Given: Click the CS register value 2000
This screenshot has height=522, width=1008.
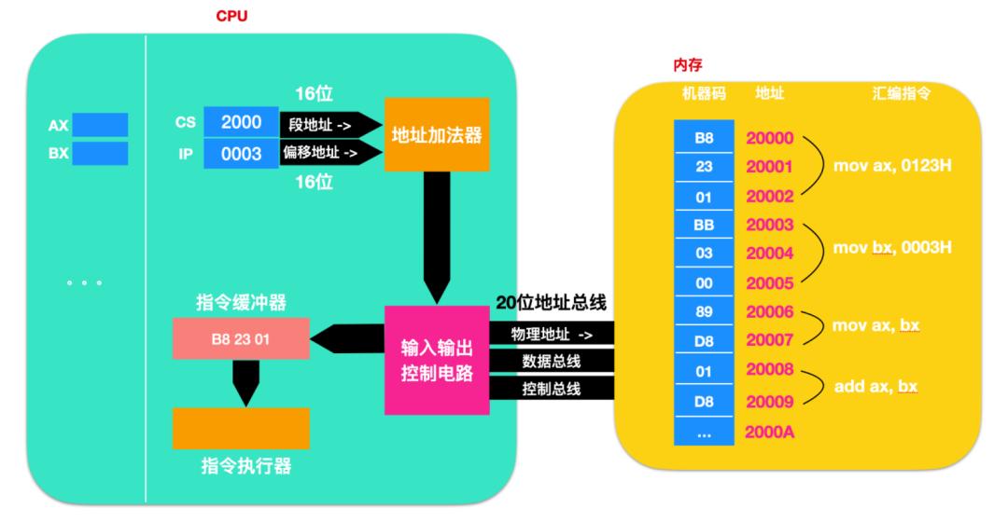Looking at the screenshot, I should coord(241,122).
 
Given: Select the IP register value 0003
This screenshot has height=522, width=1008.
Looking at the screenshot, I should coord(241,154).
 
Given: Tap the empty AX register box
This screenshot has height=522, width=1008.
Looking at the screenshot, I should coord(99,124).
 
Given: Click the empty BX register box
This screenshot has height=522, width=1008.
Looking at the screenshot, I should coord(99,154).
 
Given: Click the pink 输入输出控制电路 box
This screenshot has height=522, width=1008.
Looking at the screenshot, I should coord(437,361).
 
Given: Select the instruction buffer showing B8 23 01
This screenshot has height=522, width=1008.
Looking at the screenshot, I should coord(241,339).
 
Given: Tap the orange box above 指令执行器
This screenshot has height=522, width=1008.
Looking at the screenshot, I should coord(241,429).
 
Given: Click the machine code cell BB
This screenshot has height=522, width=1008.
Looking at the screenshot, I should coord(706,226).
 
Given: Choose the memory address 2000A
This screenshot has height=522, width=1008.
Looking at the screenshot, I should coord(770,433).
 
